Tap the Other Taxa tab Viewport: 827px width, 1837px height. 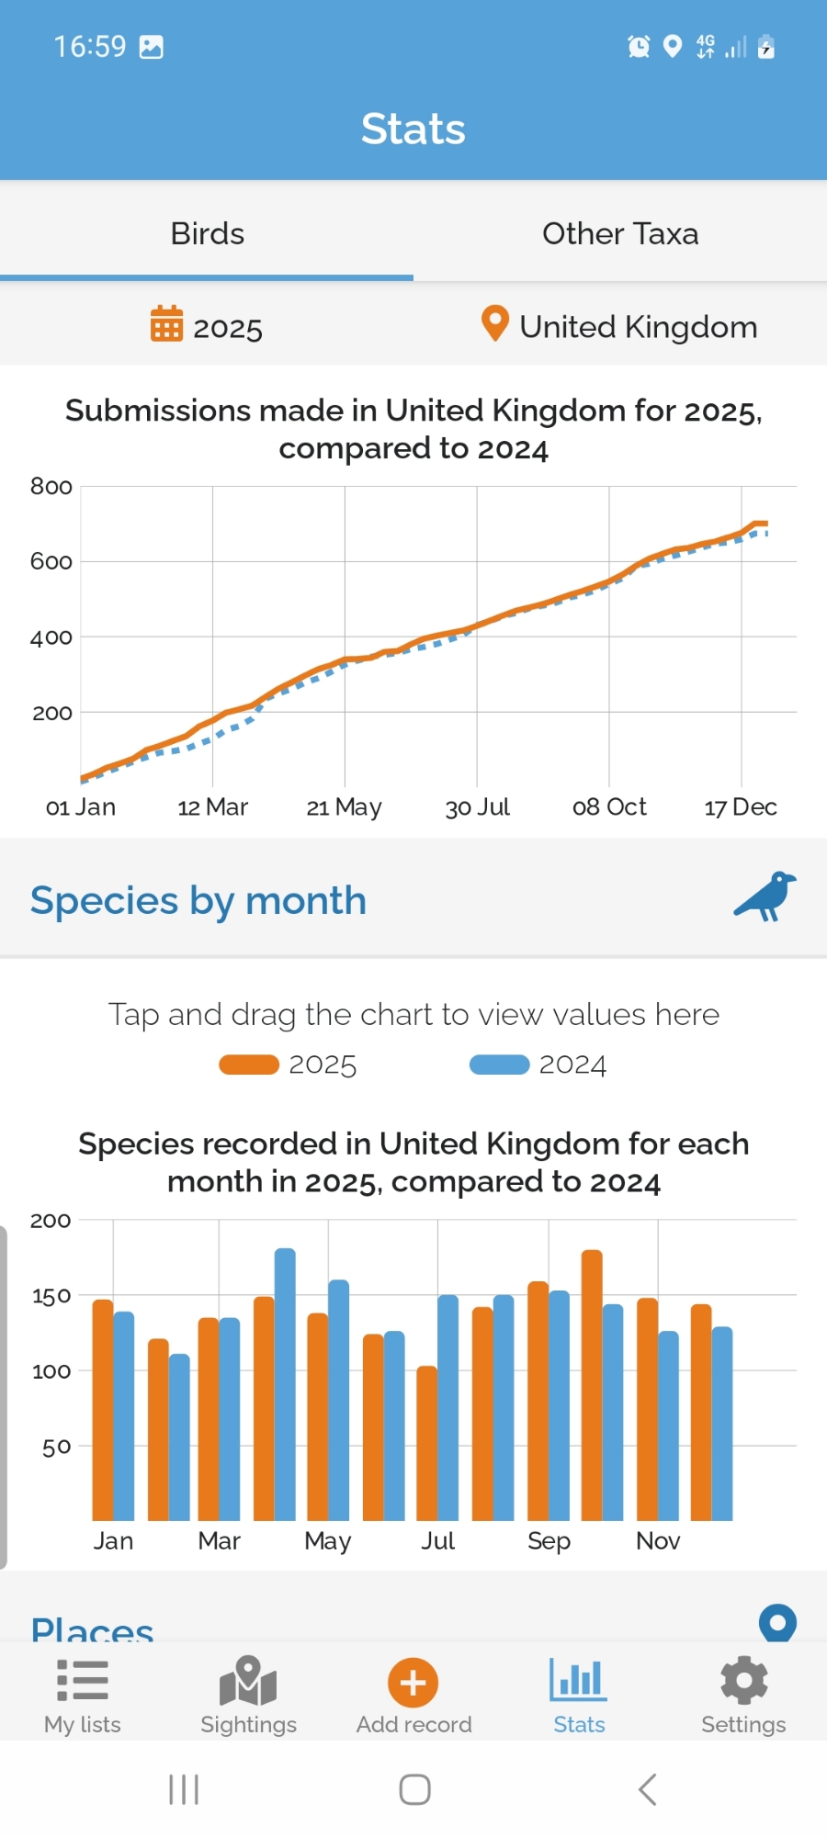620,234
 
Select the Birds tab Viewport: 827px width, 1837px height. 208,234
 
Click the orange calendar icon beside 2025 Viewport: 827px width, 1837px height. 166,324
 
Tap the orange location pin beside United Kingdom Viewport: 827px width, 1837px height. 494,323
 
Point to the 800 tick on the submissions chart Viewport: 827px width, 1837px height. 51,487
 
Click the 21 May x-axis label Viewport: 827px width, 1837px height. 344,807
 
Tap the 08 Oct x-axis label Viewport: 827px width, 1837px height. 609,807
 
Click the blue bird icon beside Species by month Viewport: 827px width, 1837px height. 765,896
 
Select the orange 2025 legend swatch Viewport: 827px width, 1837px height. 248,1065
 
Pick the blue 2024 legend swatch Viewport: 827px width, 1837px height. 499,1065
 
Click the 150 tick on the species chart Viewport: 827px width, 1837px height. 51,1296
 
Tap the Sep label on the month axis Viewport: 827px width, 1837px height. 549,1541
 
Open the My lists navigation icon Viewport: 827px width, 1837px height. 83,1681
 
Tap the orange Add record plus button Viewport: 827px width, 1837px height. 413,1683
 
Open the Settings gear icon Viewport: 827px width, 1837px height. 743,1681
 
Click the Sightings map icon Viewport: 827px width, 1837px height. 248,1681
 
